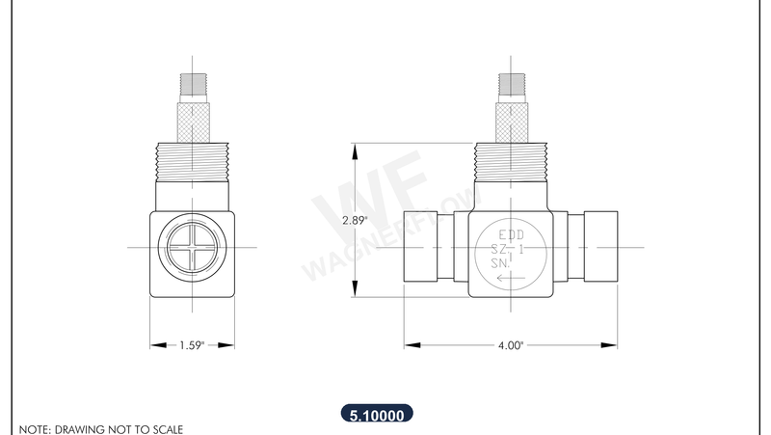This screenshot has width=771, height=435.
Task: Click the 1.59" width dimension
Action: pyautogui.click(x=192, y=344)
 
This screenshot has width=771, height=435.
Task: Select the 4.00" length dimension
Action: pyautogui.click(x=510, y=344)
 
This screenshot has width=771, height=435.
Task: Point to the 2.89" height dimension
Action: pyautogui.click(x=355, y=220)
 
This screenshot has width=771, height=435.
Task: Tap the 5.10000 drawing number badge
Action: pyautogui.click(x=377, y=415)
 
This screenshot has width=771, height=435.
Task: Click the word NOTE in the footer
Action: pyautogui.click(x=34, y=428)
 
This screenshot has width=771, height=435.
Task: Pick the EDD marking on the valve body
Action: pyautogui.click(x=511, y=234)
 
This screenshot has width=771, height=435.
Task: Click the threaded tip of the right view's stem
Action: pyautogui.click(x=511, y=85)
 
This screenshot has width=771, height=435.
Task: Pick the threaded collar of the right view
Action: pyautogui.click(x=511, y=163)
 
